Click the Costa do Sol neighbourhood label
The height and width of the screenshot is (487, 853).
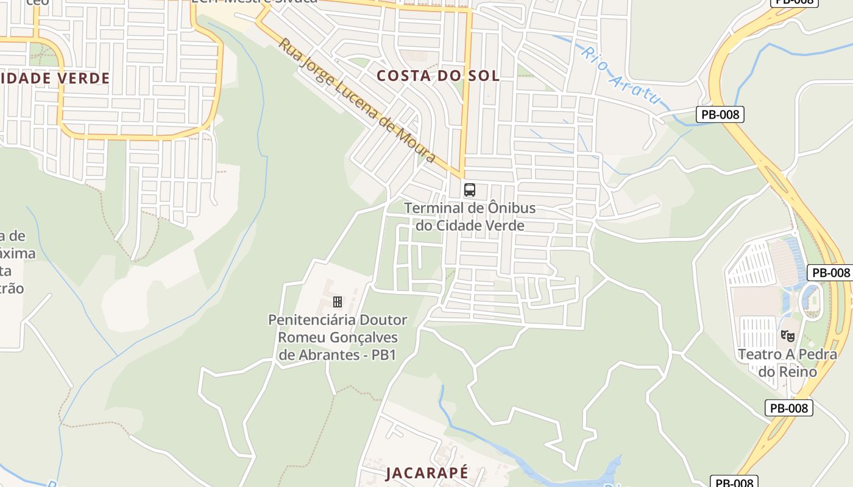437,76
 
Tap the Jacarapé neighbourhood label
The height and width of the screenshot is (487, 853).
427,472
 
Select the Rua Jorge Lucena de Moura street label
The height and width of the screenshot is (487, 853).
357,101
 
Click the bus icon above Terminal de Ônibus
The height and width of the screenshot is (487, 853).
469,189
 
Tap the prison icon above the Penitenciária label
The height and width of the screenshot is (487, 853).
337,301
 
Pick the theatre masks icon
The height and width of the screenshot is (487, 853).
788,335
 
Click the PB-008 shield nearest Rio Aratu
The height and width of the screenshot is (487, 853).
720,114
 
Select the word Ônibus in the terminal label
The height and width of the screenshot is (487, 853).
512,208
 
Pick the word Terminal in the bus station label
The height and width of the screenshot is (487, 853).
433,208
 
